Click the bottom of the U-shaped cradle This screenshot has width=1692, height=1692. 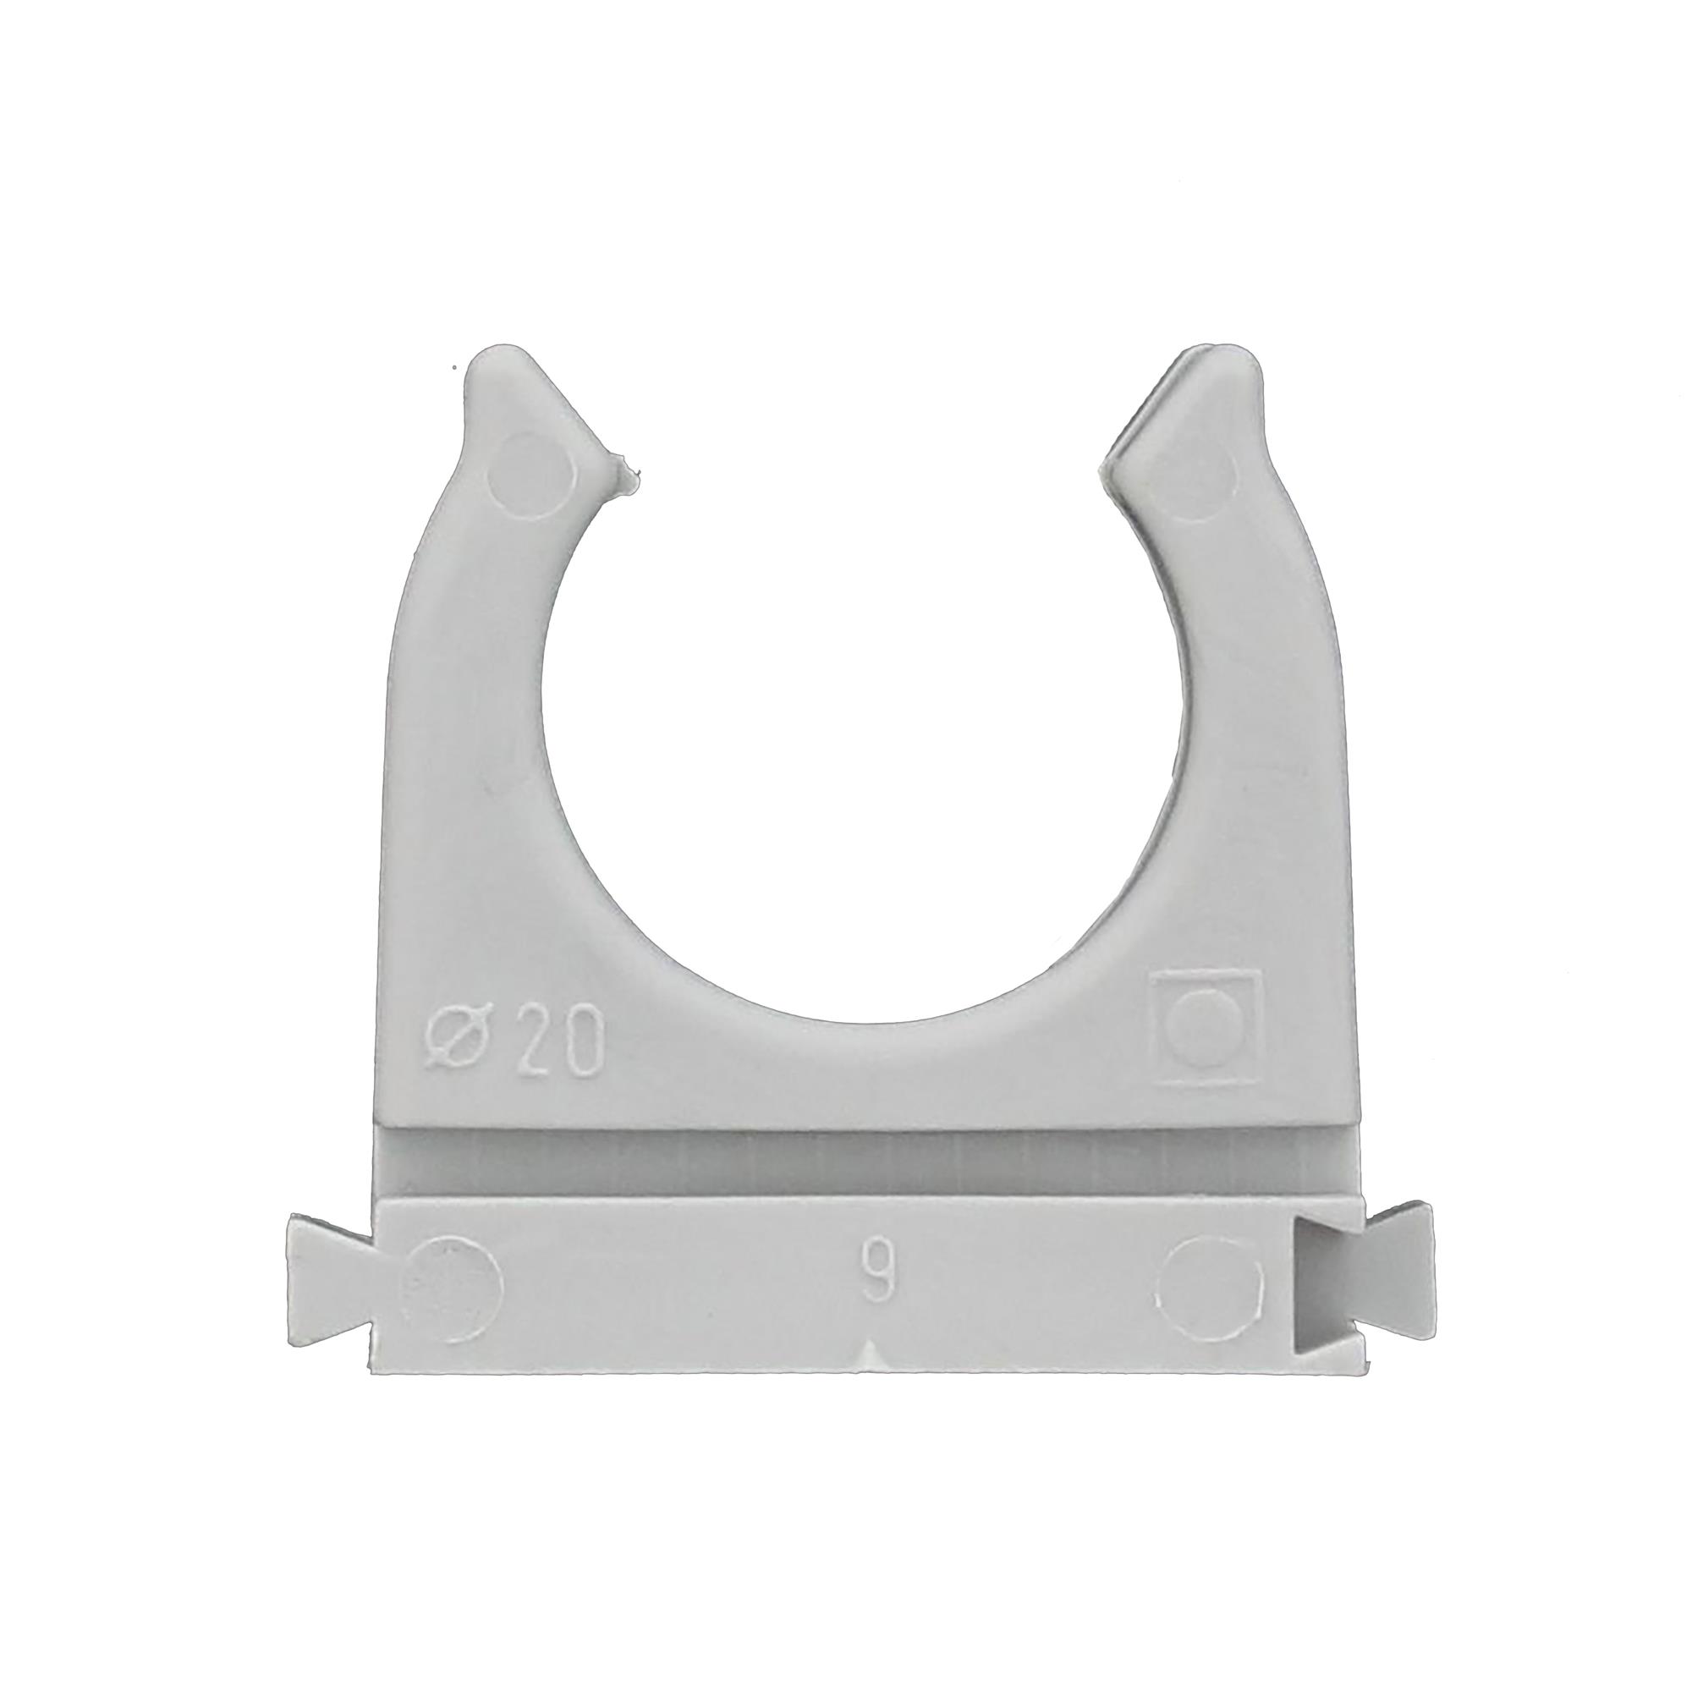coord(863,1020)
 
